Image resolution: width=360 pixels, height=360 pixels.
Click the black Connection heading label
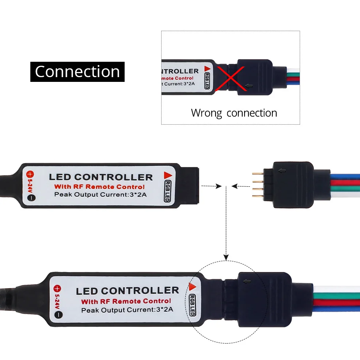click(77, 72)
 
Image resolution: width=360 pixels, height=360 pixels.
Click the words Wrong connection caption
click(234, 113)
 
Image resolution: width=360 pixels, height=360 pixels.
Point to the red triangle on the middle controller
click(168, 175)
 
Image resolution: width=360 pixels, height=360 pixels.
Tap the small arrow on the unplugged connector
click(281, 170)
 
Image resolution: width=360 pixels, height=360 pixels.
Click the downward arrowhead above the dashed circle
click(226, 257)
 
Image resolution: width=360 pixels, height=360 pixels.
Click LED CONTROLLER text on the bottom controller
click(127, 291)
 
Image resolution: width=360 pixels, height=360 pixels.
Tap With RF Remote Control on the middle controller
click(99, 187)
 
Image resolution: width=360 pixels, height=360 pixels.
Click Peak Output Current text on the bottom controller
click(127, 310)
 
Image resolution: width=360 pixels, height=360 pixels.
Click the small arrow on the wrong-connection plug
click(250, 86)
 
